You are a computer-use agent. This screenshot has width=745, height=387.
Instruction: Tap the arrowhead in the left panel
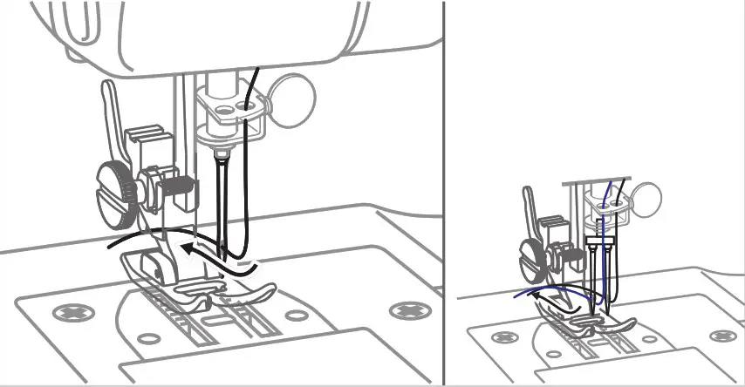tap(185, 249)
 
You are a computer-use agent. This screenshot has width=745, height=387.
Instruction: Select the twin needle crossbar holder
tap(600, 238)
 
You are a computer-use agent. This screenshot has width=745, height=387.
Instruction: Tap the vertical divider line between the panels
tap(444, 192)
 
